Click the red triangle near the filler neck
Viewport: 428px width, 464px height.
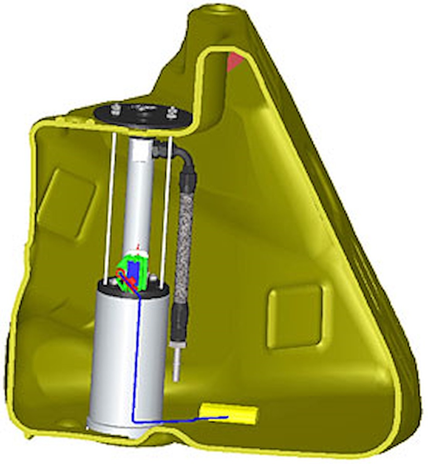click(x=235, y=62)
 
